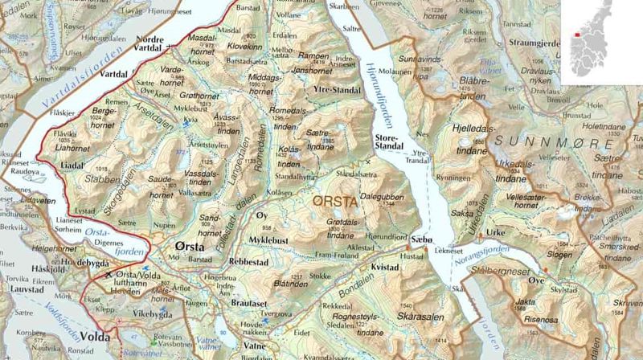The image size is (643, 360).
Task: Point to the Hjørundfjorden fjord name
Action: coord(383,88)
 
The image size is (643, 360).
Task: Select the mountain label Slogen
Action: coord(559,255)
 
